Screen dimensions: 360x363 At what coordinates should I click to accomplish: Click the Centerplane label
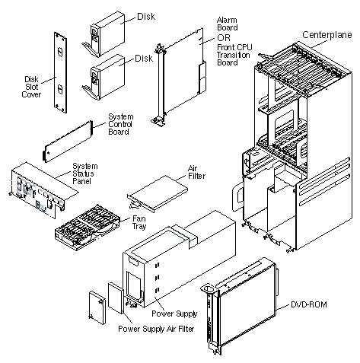pyautogui.click(x=327, y=35)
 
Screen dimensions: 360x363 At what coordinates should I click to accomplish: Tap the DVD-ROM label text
pyautogui.click(x=308, y=304)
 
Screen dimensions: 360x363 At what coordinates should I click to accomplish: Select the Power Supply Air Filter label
pyautogui.click(x=156, y=329)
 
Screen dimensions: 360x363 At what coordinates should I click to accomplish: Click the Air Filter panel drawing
pyautogui.click(x=158, y=193)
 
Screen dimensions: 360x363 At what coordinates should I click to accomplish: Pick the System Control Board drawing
pyautogui.click(x=68, y=141)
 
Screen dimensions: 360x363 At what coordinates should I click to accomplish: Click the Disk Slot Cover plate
pyautogui.click(x=60, y=72)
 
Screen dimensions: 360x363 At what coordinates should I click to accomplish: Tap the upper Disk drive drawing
pyautogui.click(x=104, y=34)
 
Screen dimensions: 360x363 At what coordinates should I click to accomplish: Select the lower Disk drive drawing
pyautogui.click(x=104, y=78)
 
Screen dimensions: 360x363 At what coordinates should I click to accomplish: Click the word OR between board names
pyautogui.click(x=224, y=38)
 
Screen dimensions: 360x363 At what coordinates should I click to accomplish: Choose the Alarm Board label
pyautogui.click(x=228, y=24)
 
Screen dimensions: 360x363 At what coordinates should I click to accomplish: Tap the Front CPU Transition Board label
pyautogui.click(x=234, y=55)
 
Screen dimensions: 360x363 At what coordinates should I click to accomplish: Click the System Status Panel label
pyautogui.click(x=85, y=174)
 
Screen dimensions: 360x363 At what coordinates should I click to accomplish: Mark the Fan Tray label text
pyautogui.click(x=139, y=222)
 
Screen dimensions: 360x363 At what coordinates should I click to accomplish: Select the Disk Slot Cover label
pyautogui.click(x=31, y=87)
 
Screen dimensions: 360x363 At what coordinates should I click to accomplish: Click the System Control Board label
pyautogui.click(x=120, y=124)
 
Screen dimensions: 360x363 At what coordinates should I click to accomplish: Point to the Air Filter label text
pyautogui.click(x=196, y=172)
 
